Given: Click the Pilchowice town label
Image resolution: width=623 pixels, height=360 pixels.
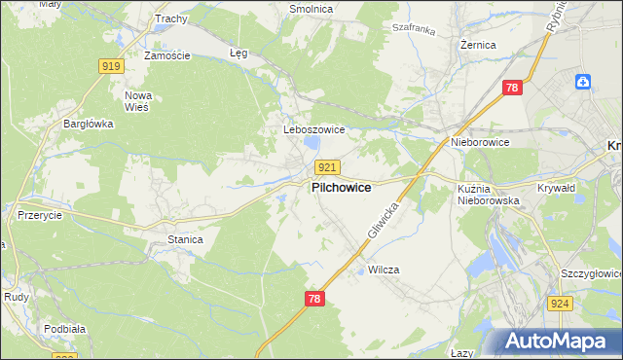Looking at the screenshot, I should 341,188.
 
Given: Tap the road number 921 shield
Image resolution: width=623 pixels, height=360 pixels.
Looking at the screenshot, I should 328,167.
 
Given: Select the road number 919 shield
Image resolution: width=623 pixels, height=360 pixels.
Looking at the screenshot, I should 110,66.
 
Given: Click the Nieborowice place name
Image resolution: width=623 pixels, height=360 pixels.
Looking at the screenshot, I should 480,142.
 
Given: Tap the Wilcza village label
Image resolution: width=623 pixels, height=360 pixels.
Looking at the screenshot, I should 385,270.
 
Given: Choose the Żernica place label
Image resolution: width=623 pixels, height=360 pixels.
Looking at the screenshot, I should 479,45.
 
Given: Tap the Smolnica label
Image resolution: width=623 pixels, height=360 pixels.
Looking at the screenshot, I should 311,9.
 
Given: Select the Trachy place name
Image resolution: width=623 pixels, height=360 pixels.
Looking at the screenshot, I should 170,18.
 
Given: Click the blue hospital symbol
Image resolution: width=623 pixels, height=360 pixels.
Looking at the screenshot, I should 583,82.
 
